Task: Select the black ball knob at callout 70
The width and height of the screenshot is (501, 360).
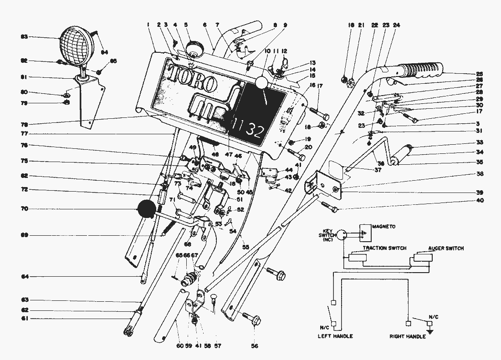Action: click(147, 210)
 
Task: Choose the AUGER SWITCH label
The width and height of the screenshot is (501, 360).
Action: click(446, 248)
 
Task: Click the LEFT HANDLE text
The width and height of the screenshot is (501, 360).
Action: click(335, 336)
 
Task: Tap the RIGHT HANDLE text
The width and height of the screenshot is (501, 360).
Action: click(407, 336)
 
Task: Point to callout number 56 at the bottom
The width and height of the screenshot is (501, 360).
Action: click(254, 346)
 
